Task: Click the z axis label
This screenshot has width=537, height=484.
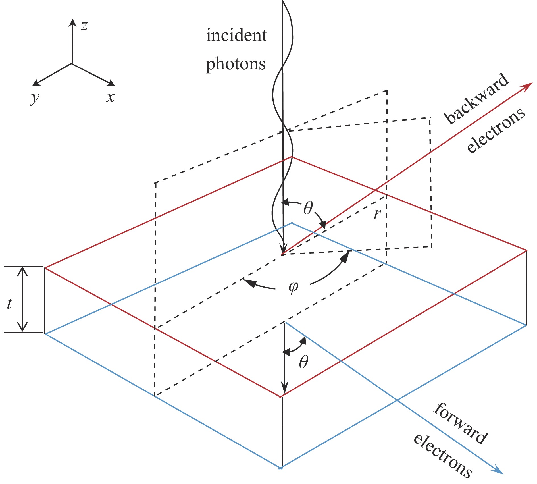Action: tap(84, 26)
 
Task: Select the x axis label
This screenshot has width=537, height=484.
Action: tap(110, 97)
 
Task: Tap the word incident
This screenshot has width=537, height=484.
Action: tap(236, 36)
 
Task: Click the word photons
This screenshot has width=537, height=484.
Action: tap(236, 64)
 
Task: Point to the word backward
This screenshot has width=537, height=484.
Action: tap(477, 98)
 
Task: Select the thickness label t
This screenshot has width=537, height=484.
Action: tap(10, 303)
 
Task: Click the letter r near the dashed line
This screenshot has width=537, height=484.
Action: tap(377, 213)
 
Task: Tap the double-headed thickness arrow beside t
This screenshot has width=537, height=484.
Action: tap(22, 300)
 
